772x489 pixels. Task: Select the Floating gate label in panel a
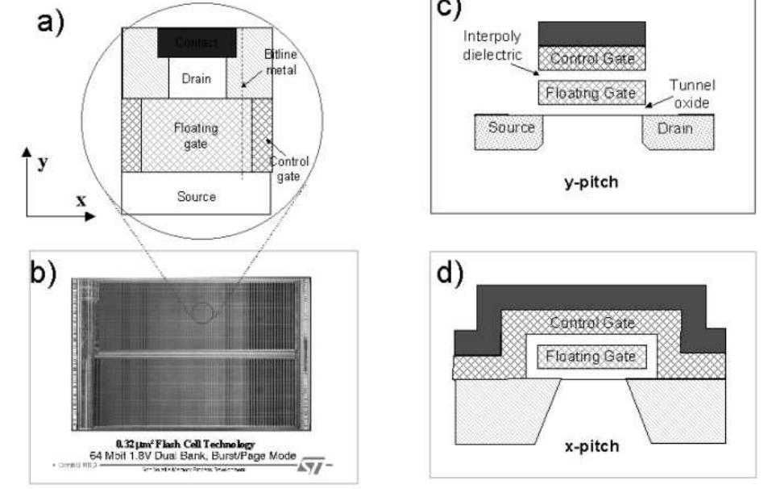click(x=195, y=135)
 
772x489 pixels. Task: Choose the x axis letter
click(x=81, y=199)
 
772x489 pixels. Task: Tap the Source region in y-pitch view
click(x=510, y=129)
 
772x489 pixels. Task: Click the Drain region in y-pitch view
click(x=677, y=129)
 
